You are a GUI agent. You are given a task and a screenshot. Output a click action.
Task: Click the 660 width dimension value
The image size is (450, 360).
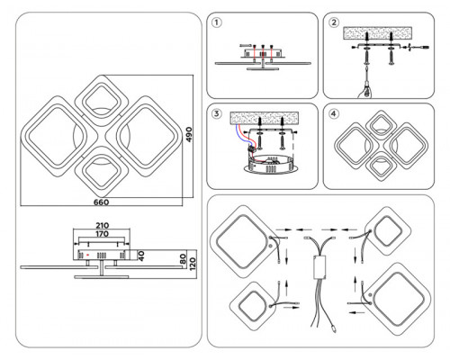pos(102,202)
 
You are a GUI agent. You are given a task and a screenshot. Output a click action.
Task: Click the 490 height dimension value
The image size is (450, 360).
pos(188,135)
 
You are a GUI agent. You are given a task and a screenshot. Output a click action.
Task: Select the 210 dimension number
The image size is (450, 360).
pos(103,225)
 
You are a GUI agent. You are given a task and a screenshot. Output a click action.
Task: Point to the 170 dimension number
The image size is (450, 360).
pos(103,234)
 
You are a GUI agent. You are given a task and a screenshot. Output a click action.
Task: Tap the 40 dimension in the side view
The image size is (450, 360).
pos(141,256)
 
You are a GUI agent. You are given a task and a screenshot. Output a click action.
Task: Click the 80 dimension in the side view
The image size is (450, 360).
pos(183,259)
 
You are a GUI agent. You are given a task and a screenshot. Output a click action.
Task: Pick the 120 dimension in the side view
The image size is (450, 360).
pos(193,264)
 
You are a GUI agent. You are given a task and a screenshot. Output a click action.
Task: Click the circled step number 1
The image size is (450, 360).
pos(217,22)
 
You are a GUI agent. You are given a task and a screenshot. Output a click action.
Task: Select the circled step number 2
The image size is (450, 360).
pos(334,22)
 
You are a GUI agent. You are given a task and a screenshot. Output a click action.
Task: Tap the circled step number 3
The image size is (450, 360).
pos(217,113)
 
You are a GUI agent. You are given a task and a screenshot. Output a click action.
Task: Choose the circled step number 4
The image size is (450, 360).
pos(334,113)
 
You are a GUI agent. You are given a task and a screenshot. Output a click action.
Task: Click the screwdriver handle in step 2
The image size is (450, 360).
pos(365,91)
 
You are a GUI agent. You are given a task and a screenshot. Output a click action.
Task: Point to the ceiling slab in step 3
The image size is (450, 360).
pos(265,118)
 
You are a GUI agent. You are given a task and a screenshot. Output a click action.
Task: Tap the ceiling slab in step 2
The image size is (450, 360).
pos(378,33)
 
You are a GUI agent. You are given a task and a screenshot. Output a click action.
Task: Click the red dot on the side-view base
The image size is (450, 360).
pos(88,255)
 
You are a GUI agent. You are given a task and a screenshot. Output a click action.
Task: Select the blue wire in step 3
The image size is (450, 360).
pos(240,135)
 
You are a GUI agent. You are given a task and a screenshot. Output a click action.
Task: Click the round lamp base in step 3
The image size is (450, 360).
pos(272,165)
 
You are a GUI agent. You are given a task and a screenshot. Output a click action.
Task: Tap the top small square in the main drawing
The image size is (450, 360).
pos(102,100)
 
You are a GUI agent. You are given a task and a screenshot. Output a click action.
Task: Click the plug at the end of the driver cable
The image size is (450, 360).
pos(334,328)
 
